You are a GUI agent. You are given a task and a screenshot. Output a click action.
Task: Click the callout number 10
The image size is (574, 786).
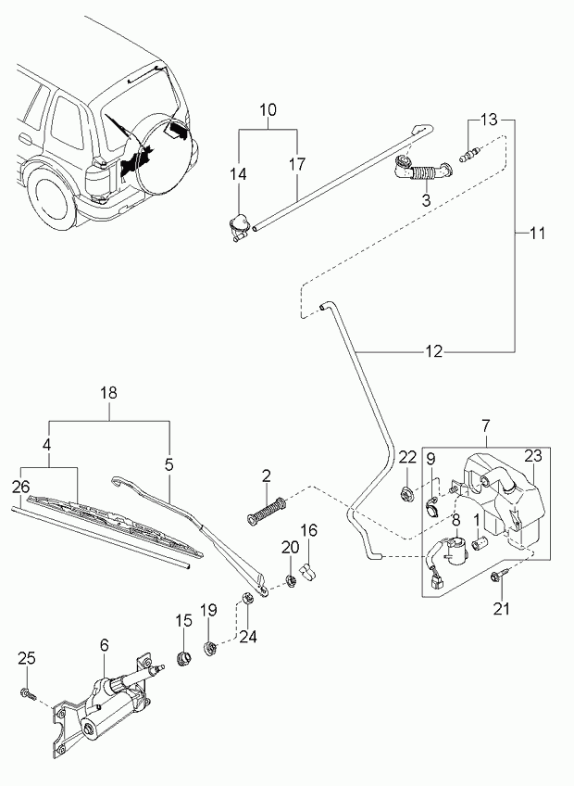tap(268, 110)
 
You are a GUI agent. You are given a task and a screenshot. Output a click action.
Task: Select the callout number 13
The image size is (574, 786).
tap(489, 120)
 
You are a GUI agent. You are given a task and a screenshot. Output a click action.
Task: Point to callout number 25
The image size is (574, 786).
tap(27, 658)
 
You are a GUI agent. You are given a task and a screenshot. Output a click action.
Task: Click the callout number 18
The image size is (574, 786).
tap(109, 393)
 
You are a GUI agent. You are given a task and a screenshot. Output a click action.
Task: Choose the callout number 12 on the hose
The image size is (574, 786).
tap(435, 352)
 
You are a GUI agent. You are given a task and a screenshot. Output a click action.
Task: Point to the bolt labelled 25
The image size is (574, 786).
tap(29, 693)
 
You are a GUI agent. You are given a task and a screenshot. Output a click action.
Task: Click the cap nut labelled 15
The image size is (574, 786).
tap(182, 660)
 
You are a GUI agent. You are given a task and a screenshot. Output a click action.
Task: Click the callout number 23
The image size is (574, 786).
tap(533, 456)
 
